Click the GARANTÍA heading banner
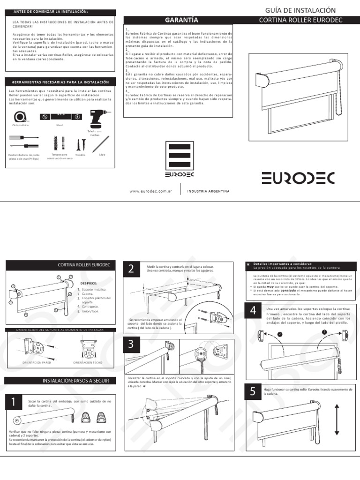(x=179, y=20)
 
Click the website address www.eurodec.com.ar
(x=149, y=191)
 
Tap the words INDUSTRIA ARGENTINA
(x=208, y=191)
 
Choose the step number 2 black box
(x=131, y=269)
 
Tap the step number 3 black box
(x=131, y=345)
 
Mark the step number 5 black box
(x=253, y=392)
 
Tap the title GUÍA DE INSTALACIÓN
(x=300, y=10)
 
